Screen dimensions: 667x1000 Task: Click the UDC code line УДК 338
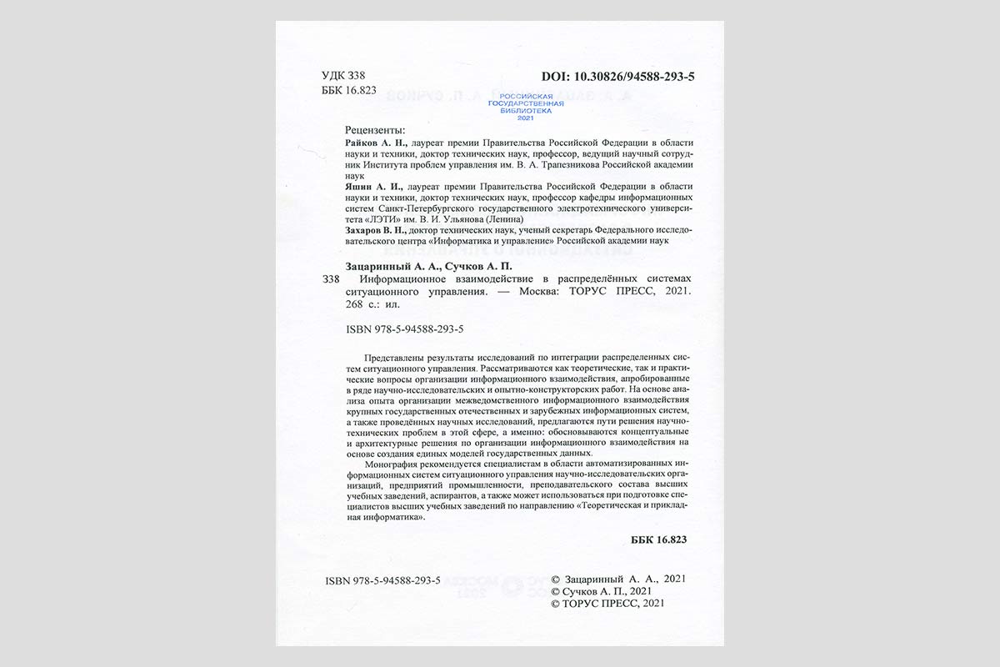click(343, 76)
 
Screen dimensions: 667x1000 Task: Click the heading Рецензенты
click(375, 130)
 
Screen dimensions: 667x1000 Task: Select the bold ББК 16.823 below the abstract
click(658, 539)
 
